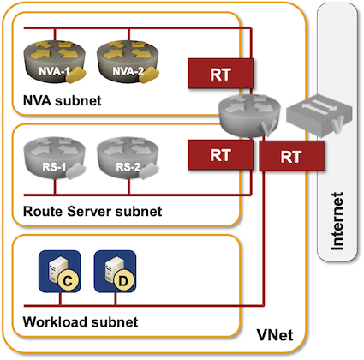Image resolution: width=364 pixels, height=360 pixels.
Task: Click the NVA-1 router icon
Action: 54,62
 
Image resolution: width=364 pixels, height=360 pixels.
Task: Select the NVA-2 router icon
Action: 128,62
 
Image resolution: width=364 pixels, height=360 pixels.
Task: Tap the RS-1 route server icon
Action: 54,158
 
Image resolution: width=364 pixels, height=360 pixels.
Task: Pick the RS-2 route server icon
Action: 128,158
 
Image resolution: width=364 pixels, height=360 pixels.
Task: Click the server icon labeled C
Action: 60,272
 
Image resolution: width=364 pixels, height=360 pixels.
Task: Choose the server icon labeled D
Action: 115,272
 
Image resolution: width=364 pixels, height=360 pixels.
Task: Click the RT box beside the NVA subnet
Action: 220,74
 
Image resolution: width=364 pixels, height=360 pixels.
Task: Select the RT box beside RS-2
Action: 220,155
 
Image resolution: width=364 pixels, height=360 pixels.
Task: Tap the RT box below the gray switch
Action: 291,156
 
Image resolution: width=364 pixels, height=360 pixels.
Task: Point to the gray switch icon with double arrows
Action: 319,114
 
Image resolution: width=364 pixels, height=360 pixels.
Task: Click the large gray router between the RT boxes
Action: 249,116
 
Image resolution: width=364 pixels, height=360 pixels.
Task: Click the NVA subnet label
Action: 63,100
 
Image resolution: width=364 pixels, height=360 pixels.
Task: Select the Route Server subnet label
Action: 92,212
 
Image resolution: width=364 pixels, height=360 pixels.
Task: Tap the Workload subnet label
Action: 81,322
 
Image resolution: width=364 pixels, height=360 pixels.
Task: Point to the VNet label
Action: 275,335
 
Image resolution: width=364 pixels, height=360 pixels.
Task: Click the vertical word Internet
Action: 337,221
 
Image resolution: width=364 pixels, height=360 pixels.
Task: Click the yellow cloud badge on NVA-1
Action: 76,75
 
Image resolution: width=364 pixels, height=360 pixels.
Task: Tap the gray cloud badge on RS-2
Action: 150,171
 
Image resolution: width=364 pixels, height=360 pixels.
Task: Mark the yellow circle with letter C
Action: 68,281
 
